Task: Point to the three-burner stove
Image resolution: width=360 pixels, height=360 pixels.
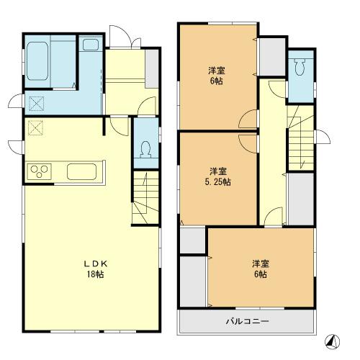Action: [x=40, y=171]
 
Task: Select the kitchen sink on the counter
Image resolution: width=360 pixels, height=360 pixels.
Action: [x=86, y=171]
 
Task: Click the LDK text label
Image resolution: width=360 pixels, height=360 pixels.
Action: [x=96, y=264]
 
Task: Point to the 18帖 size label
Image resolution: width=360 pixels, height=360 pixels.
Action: [x=96, y=275]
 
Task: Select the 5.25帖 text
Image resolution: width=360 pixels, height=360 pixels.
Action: [x=219, y=182]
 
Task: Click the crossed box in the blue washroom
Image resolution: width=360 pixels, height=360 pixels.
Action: [x=35, y=104]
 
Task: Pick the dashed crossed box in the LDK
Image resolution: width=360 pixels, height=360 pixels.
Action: [x=35, y=129]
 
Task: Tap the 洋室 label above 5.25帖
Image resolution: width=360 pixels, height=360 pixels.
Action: [x=219, y=171]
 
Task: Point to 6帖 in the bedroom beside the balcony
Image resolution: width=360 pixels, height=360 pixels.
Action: [x=261, y=274]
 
